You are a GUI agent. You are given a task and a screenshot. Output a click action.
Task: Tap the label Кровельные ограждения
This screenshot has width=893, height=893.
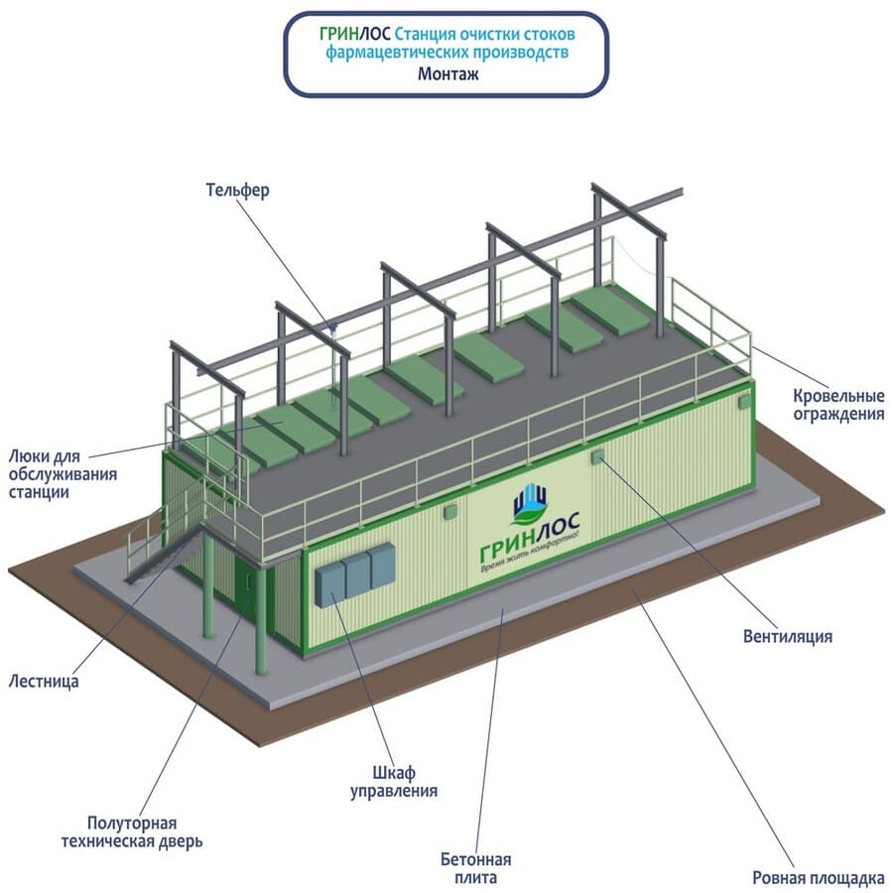[837, 405]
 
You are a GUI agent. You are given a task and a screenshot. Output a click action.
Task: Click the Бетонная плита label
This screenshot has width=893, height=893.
[475, 868]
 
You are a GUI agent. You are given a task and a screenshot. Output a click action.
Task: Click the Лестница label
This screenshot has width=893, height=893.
[43, 682]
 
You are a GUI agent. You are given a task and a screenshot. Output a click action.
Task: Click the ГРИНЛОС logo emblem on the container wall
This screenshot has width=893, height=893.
[530, 503]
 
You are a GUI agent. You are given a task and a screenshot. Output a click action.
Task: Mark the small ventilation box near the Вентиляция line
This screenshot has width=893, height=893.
[597, 455]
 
